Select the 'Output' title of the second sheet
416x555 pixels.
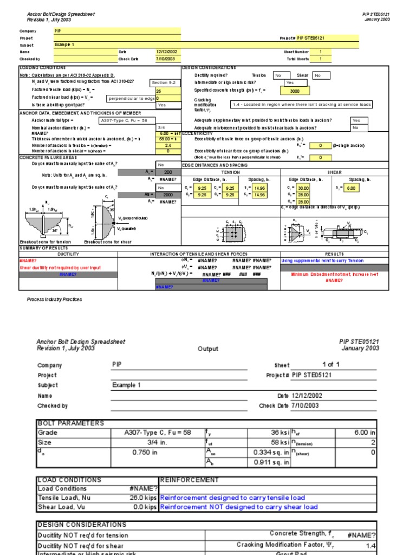[x=208, y=349]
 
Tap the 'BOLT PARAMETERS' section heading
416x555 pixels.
[x=70, y=423]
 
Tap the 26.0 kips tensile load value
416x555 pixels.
[x=143, y=498]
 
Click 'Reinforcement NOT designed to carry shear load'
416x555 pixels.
[x=239, y=507]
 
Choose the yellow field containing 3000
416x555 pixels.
[x=295, y=91]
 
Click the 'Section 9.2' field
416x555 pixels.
[x=164, y=83]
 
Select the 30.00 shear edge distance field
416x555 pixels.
[x=303, y=188]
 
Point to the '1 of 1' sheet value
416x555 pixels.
[x=331, y=365]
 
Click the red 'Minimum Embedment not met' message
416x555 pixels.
[x=334, y=274]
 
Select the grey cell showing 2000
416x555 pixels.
[x=168, y=195]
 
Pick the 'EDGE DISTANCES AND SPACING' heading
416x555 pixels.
[x=215, y=164]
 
